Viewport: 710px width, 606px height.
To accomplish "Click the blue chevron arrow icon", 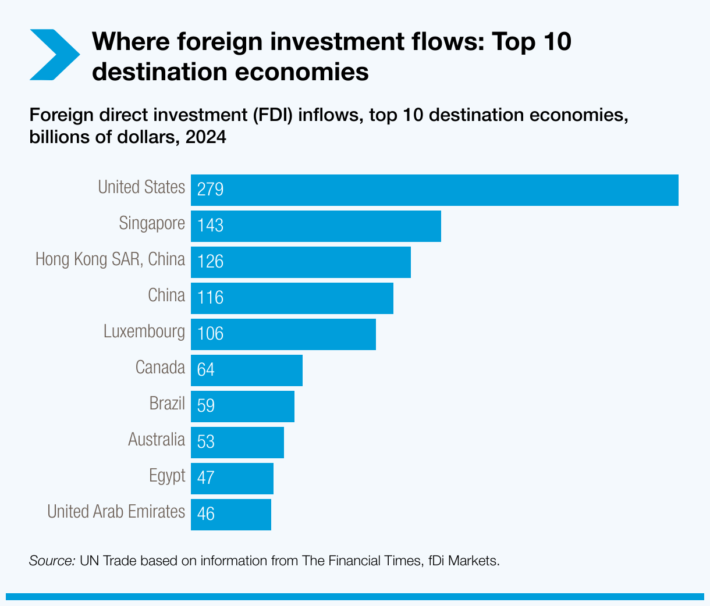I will [x=54, y=55].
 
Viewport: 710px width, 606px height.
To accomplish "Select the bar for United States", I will [x=434, y=190].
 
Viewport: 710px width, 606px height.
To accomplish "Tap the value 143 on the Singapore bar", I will [x=210, y=226].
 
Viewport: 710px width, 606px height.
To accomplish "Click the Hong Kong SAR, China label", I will [x=110, y=259].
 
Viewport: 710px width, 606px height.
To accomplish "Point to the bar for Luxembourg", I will [x=283, y=334].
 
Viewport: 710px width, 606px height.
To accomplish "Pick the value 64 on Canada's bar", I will [x=205, y=370].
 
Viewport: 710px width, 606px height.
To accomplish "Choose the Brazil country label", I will [x=167, y=404].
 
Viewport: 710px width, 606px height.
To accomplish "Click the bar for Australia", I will [x=237, y=443].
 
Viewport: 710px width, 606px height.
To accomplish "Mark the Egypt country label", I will [x=167, y=476].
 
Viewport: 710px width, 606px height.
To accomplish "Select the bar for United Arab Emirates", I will [x=231, y=515].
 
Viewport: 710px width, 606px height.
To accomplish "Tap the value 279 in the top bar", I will [x=210, y=190].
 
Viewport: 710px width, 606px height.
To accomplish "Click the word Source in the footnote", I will [x=51, y=561].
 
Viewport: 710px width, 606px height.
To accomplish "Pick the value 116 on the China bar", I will [x=210, y=298].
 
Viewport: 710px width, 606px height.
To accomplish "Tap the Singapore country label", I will [x=152, y=223].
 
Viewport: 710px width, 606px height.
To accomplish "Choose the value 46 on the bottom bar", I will [x=205, y=514].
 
